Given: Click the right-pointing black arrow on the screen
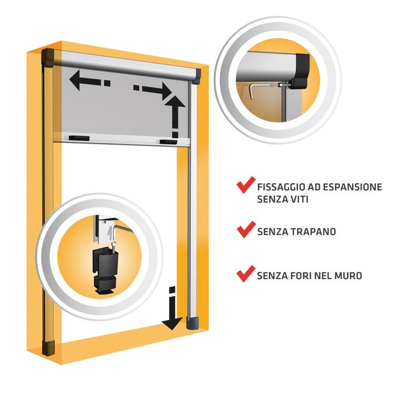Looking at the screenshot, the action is (x=153, y=91).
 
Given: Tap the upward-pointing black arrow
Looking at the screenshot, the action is (x=175, y=116).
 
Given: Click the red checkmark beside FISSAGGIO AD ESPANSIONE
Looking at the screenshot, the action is (x=246, y=185).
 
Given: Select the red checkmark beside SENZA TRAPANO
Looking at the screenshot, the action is (x=246, y=229).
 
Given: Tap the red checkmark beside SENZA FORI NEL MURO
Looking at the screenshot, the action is (x=246, y=274).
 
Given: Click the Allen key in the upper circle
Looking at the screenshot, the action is (x=260, y=90).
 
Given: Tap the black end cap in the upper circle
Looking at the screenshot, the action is (x=300, y=71).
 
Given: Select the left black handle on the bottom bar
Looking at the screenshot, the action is (x=79, y=139).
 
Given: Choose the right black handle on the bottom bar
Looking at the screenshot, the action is (x=168, y=142).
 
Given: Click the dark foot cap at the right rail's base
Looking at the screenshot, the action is (x=193, y=323).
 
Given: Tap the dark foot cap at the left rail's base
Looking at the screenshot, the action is (x=48, y=348).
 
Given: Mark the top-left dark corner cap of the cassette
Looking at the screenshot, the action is (x=48, y=57).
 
